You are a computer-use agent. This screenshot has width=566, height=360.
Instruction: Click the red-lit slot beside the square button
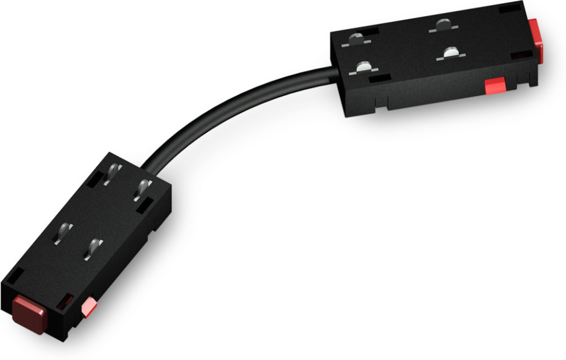coord(66,301)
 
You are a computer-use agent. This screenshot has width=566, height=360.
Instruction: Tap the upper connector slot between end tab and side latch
coord(522,57)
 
